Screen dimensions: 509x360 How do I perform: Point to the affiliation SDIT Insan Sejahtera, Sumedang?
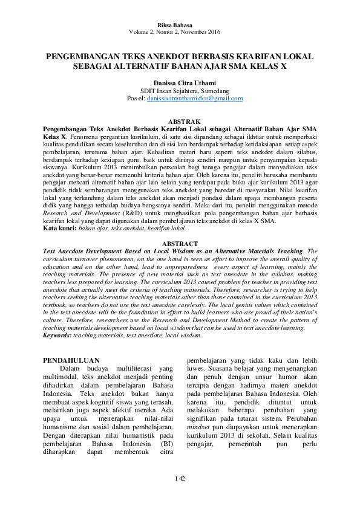180,91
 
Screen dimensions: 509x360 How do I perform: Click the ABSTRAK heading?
180,122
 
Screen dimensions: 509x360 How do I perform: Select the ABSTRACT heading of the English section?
180,244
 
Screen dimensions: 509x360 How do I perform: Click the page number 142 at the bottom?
180,479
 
